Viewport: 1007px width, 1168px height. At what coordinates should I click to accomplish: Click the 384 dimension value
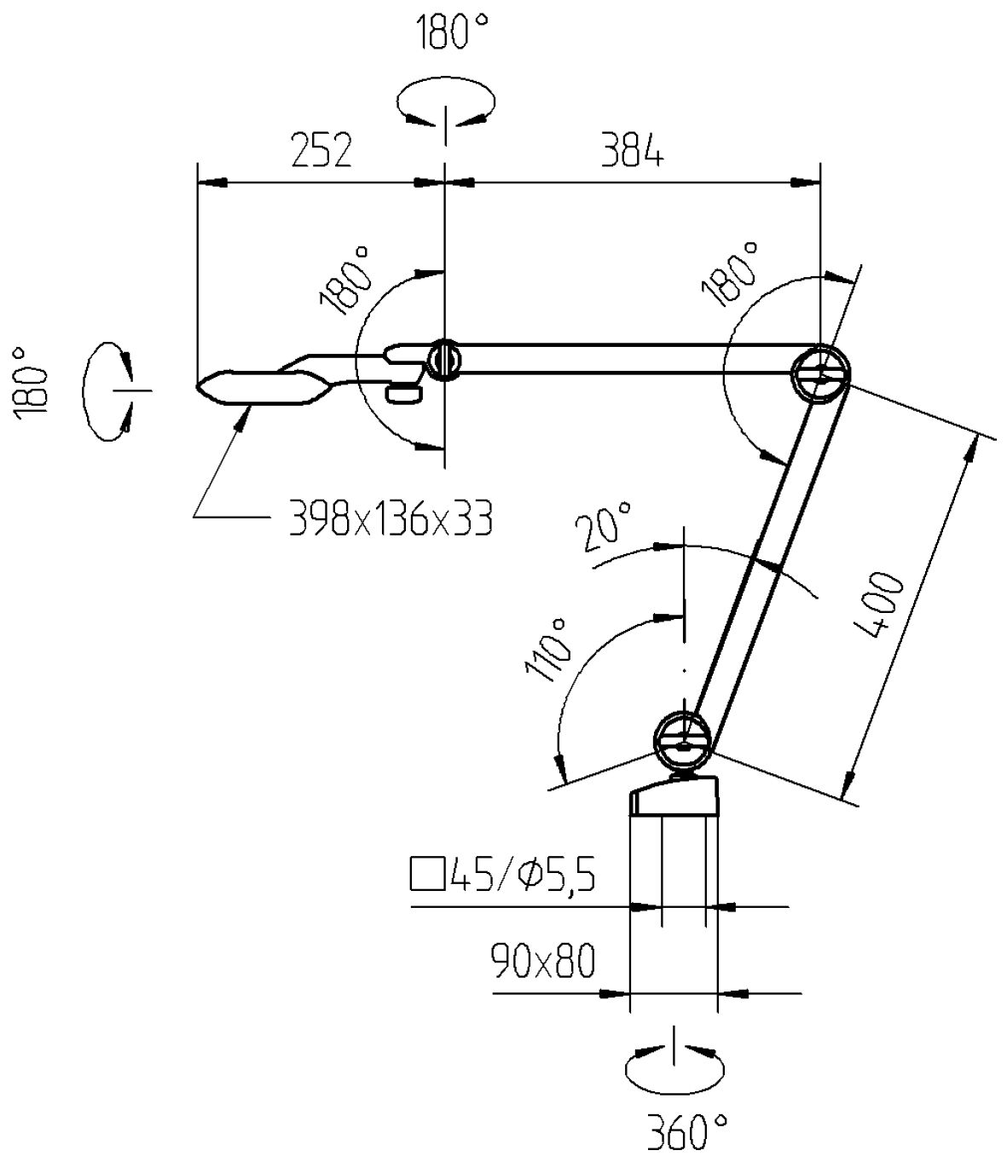coord(632,152)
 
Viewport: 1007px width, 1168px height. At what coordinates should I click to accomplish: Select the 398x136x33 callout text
coord(391,517)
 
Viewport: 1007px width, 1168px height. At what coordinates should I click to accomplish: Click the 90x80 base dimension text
coord(542,963)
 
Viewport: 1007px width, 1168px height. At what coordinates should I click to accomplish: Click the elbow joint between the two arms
coord(820,373)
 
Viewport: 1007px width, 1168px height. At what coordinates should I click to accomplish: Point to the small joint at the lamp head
coord(443,358)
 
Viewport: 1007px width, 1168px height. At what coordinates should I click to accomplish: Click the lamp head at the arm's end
coord(260,386)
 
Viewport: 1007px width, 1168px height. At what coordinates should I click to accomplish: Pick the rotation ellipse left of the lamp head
coord(108,390)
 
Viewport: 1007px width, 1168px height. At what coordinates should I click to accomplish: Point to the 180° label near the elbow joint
coord(731,275)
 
